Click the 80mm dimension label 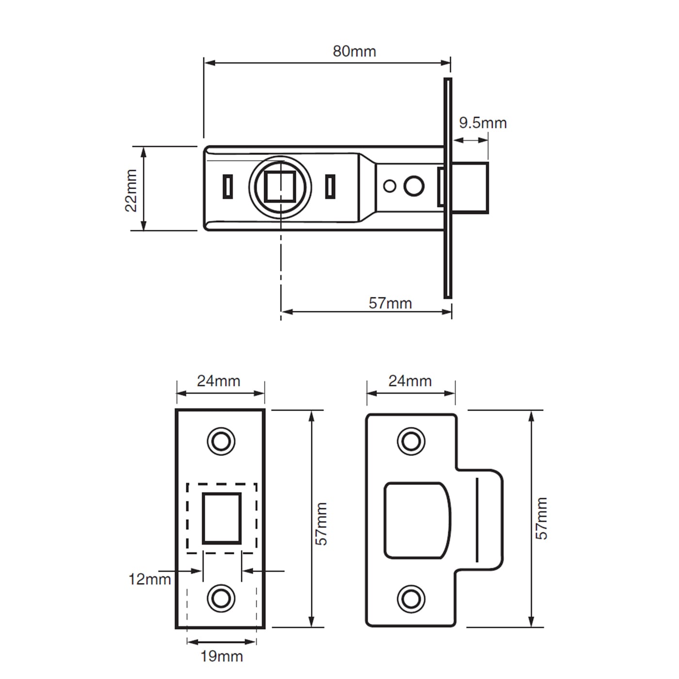click(354, 51)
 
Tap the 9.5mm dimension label click(483, 123)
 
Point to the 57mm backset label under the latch click(390, 303)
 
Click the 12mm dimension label click(149, 579)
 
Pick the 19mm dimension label click(222, 657)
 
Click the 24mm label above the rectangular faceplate click(218, 381)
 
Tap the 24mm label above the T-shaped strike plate click(410, 381)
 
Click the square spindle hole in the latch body click(280, 186)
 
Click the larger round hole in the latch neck click(414, 186)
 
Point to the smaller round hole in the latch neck click(389, 186)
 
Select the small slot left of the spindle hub click(227, 187)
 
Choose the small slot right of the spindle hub click(330, 187)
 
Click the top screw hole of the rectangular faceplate click(221, 441)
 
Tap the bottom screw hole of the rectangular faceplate click(221, 598)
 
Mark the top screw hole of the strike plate click(411, 441)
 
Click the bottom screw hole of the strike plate click(411, 598)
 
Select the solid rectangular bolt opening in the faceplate click(222, 518)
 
